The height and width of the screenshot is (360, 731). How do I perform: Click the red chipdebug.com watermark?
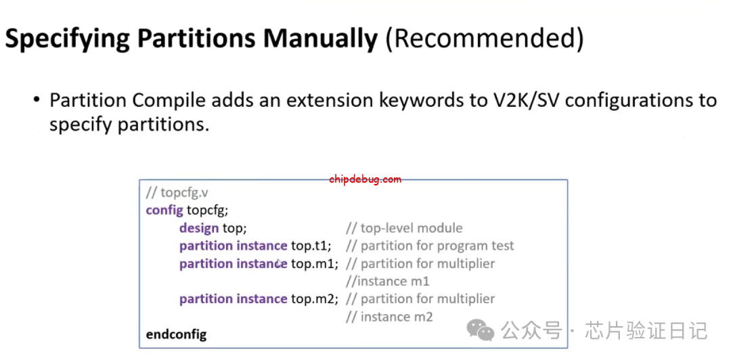coord(365,179)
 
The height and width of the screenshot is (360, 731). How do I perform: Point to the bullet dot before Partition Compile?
coord(37,100)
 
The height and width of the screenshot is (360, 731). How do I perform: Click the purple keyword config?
coord(164,210)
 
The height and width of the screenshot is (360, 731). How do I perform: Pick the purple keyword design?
coord(199,228)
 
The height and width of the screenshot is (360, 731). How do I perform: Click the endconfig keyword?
coord(176,334)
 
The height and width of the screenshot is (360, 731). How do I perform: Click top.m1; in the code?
coord(315,263)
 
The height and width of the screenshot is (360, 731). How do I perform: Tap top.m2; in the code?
coord(315,298)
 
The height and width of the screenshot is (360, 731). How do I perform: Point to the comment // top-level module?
coord(404,228)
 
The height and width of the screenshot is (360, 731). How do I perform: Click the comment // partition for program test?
coord(430,246)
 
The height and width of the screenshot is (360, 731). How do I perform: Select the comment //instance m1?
coord(387,282)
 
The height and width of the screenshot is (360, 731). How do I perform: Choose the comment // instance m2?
coord(389,317)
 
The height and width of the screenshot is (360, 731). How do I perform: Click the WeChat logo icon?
coord(481,330)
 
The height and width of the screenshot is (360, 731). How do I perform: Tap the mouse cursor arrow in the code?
coord(280,263)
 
